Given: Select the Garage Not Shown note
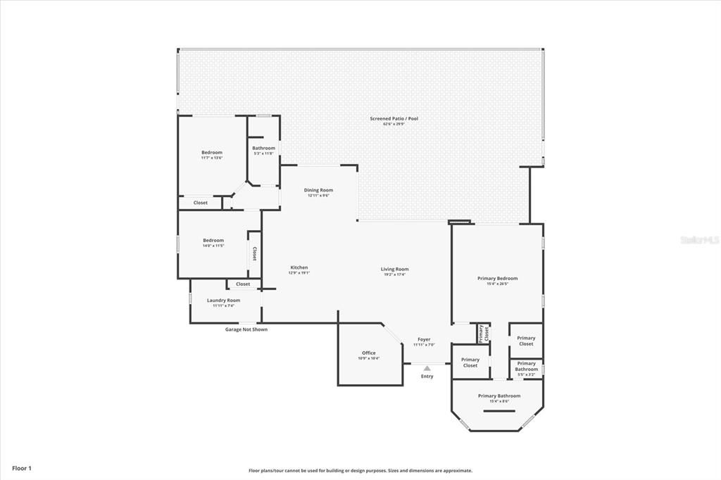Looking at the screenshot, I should pyautogui.click(x=246, y=329).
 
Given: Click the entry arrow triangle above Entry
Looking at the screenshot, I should pyautogui.click(x=427, y=367).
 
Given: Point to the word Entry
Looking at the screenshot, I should pyautogui.click(x=427, y=377).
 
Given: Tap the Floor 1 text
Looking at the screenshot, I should pyautogui.click(x=22, y=468).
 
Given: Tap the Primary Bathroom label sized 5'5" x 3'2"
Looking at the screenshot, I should pyautogui.click(x=526, y=368).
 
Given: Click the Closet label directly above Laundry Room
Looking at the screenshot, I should pyautogui.click(x=243, y=284).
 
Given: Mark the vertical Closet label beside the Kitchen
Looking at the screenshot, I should pyautogui.click(x=254, y=253).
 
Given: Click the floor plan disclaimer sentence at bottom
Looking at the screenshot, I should pyautogui.click(x=360, y=470).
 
